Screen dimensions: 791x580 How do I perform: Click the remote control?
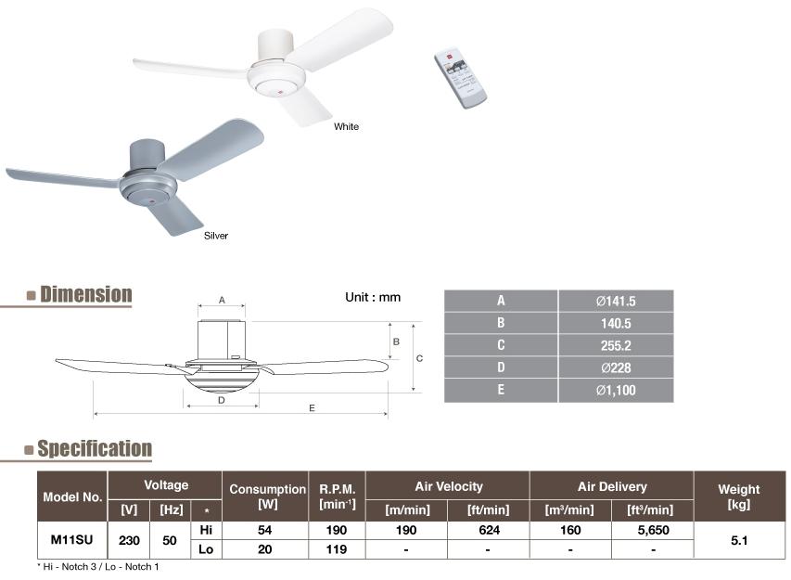(460, 78)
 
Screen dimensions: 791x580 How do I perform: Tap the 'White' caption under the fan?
(346, 127)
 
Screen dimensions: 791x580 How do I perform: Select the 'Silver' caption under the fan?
(216, 236)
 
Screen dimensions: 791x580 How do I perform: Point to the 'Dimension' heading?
(85, 294)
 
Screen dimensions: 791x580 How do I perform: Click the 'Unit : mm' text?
(373, 297)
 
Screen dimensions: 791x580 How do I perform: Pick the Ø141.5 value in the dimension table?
(616, 302)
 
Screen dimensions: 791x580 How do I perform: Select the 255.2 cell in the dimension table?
(616, 346)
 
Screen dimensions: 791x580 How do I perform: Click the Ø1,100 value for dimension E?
(616, 390)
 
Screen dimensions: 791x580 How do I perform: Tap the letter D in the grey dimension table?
(501, 367)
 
